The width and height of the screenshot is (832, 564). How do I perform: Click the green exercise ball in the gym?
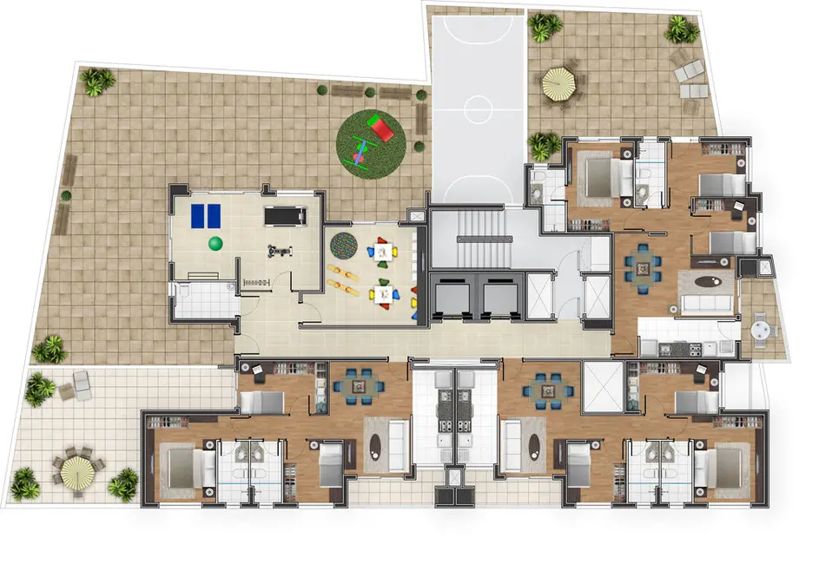pyautogui.click(x=215, y=244)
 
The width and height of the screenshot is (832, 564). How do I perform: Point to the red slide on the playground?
pyautogui.click(x=380, y=128)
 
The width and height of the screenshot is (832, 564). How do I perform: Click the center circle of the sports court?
pyautogui.click(x=479, y=109)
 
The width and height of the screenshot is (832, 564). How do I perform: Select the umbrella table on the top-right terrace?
pyautogui.click(x=558, y=84)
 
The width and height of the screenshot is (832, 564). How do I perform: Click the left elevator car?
pyautogui.click(x=450, y=298)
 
